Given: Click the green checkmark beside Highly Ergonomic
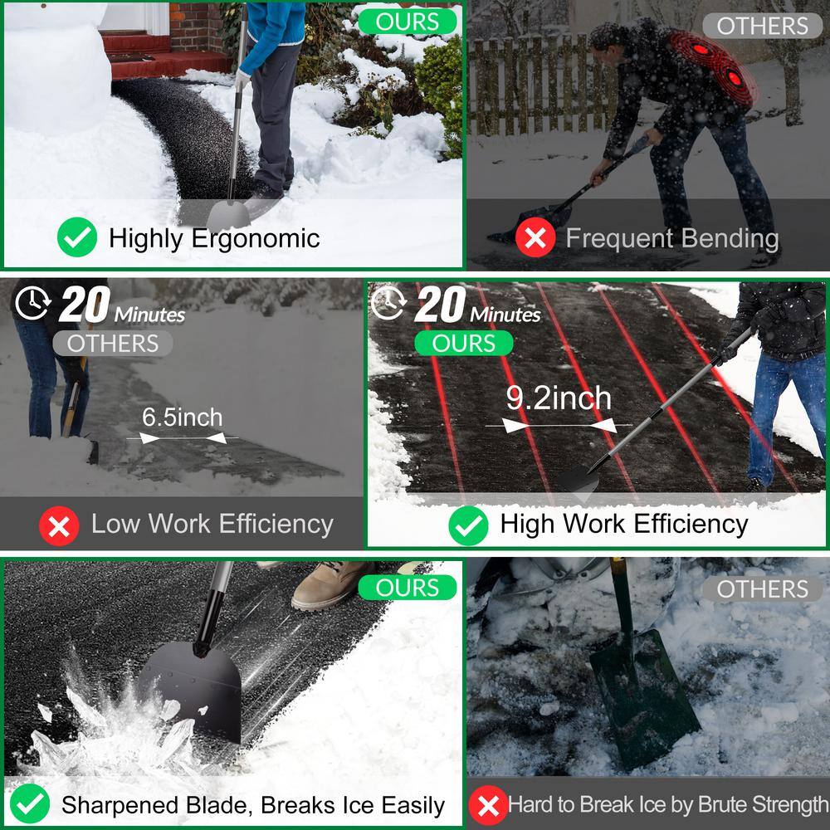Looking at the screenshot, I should [77, 238].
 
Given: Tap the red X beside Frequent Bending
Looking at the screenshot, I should [535, 239].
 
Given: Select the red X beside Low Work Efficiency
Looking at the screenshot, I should [59, 525].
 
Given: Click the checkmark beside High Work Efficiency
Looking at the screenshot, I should [468, 525].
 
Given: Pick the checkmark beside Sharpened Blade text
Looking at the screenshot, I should [30, 804].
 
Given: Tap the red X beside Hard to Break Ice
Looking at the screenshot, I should [488, 805].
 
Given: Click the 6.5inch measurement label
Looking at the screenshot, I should [182, 417].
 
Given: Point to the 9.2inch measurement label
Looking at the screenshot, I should [559, 398].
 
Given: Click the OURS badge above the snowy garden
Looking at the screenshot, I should [408, 22].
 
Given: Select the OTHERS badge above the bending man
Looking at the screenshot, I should [762, 26].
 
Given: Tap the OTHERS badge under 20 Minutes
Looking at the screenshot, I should [112, 343].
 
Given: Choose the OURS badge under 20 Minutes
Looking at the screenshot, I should [464, 343].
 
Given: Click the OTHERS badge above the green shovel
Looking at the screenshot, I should [762, 589].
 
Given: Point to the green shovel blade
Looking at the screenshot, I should [644, 697].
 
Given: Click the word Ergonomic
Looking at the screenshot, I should [255, 238].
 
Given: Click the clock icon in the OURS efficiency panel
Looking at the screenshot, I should [388, 305].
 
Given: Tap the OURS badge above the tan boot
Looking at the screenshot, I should [408, 588].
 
